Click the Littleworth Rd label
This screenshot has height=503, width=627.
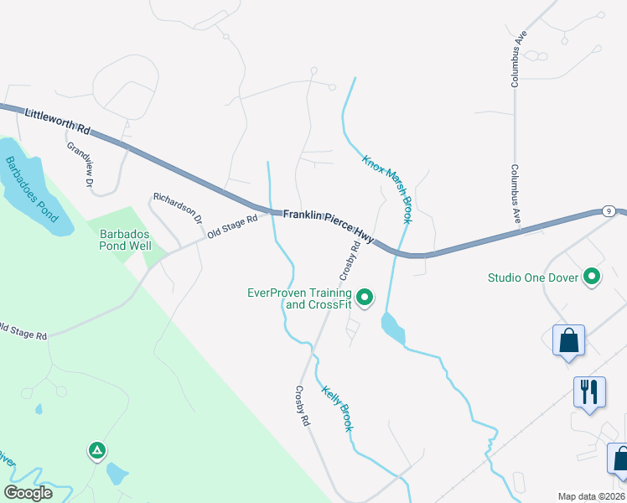pos(57,122)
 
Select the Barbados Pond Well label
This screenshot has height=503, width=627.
pos(125,240)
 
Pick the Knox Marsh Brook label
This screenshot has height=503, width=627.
pos(386,189)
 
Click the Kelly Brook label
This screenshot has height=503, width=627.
pos(337,407)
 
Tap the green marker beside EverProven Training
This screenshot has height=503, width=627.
pos(365,297)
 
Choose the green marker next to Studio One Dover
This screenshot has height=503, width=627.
pos(593,277)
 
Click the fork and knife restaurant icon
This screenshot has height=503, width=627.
pos(588,392)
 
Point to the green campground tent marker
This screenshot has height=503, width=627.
pos(97,451)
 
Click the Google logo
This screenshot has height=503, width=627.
pos(28,493)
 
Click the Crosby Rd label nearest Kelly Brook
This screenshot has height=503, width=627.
pos(302,407)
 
